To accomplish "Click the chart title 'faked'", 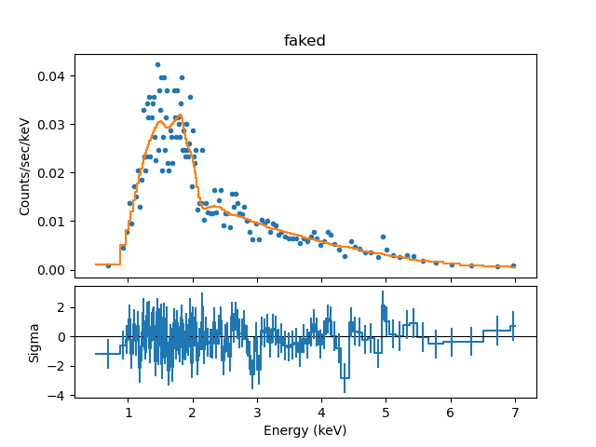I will tap(305, 41).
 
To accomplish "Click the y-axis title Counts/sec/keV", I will tap(25, 165).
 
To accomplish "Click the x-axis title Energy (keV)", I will tap(305, 430).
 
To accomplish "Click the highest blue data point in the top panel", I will tap(157, 65).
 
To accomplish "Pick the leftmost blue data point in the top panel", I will tap(108, 265).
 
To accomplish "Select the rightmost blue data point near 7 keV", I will tap(513, 265).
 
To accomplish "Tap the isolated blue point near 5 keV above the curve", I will tap(382, 237).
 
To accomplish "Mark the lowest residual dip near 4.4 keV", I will tap(345, 378).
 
